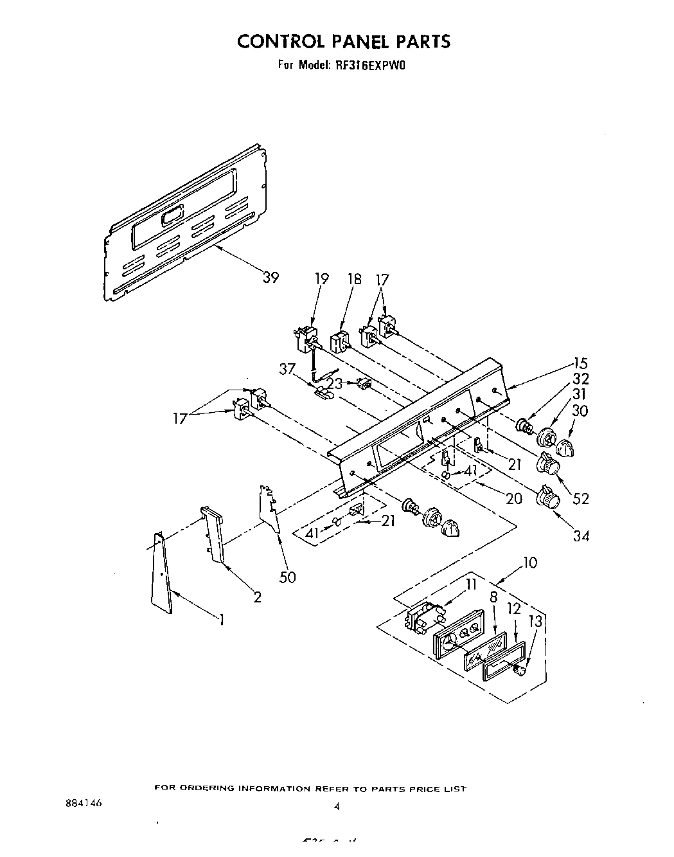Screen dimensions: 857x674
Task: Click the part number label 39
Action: [271, 277]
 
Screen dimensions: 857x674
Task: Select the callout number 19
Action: [321, 279]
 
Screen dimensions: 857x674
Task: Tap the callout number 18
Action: [354, 279]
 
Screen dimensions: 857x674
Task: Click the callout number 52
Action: [580, 498]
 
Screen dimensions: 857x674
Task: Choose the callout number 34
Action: [580, 535]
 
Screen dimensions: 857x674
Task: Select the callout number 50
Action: [287, 577]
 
